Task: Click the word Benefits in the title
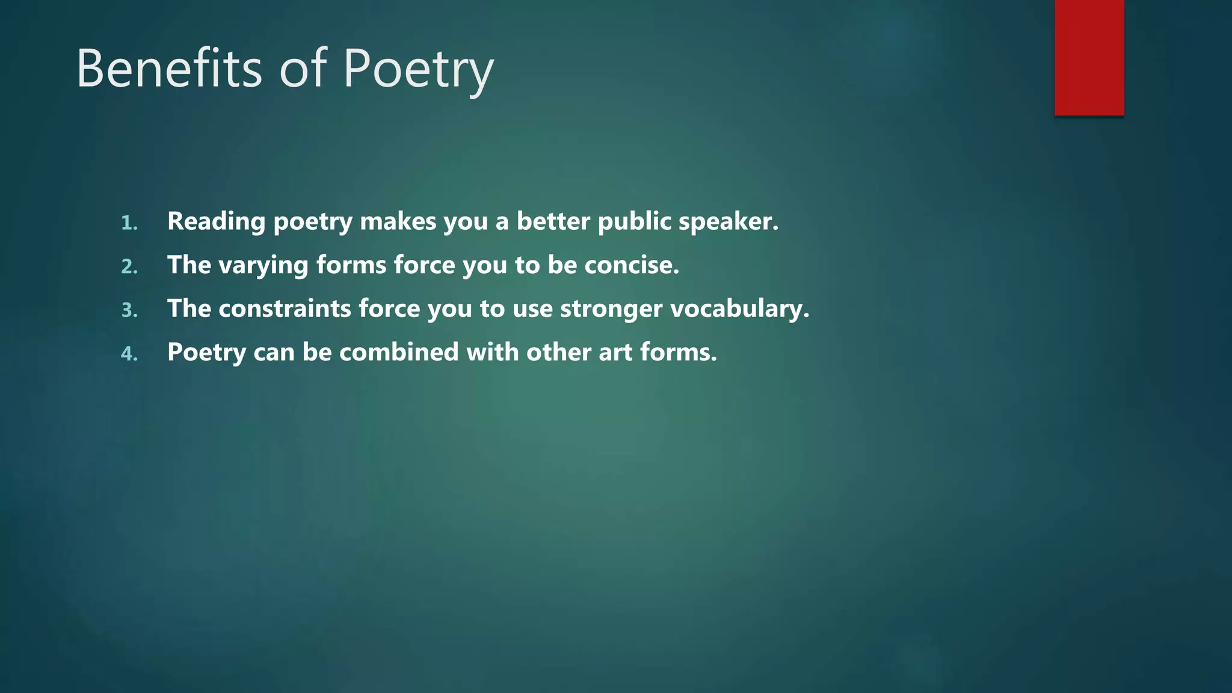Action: [169, 69]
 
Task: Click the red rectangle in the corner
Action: [1089, 57]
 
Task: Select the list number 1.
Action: [129, 223]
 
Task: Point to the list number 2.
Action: [129, 266]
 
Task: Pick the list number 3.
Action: [129, 310]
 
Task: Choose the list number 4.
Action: [129, 354]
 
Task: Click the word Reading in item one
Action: [216, 222]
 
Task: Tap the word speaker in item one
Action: [728, 222]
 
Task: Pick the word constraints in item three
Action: [285, 309]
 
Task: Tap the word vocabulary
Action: [739, 309]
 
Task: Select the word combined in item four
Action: [399, 353]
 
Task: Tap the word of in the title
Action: [303, 69]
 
